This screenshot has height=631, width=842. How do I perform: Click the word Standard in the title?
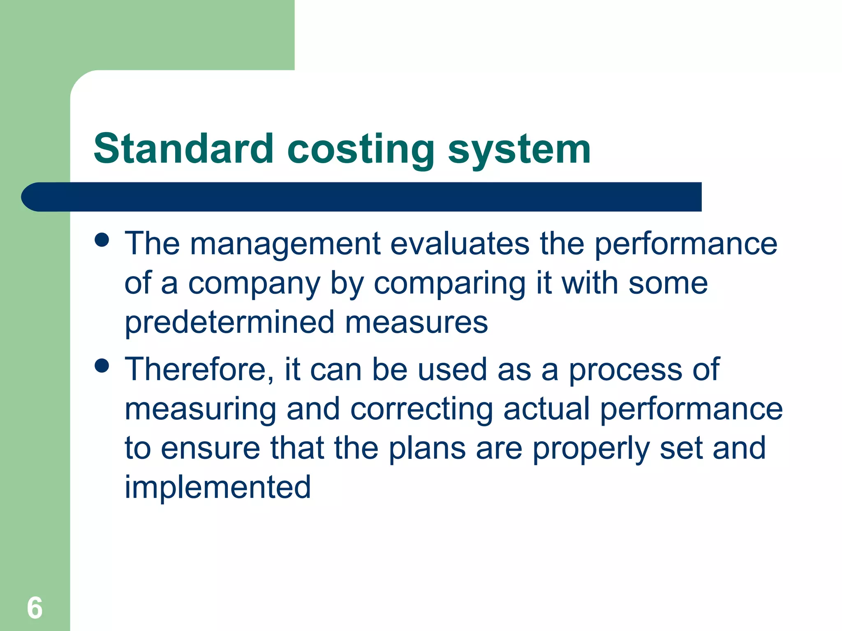point(183,149)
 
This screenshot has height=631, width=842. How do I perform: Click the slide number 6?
point(35,608)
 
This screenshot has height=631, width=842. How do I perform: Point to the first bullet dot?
point(102,240)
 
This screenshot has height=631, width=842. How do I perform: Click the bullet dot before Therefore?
point(102,365)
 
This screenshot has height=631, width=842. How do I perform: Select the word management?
point(285,244)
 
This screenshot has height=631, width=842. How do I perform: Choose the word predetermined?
point(229,323)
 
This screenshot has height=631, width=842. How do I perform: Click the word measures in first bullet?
point(416,323)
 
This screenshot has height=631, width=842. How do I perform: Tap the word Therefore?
point(199,369)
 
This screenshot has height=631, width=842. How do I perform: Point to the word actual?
point(546,409)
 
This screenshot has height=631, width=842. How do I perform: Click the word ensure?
point(210,448)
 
